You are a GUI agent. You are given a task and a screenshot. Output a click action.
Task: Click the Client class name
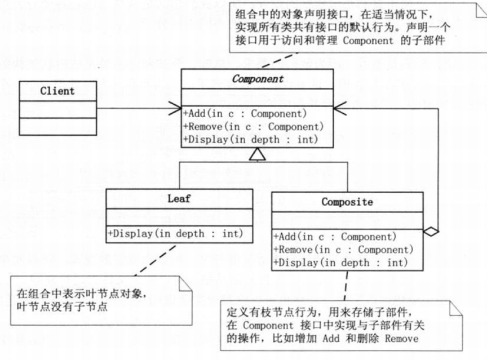tap(57, 91)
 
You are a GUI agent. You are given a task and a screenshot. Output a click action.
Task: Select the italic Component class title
tap(258, 79)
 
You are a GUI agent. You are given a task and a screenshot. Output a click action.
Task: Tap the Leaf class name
tap(179, 199)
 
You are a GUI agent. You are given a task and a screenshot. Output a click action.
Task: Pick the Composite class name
tap(347, 202)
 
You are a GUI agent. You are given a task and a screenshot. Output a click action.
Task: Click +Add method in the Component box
tap(245, 114)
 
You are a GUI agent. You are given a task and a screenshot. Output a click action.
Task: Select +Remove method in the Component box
tap(253, 127)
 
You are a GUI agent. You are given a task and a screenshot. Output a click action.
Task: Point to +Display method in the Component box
tap(251, 140)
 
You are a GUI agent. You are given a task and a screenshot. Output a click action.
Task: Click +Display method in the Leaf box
tap(175, 233)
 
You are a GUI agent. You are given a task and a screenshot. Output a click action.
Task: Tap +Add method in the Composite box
tap(335, 237)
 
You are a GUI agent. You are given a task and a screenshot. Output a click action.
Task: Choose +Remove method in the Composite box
tap(343, 250)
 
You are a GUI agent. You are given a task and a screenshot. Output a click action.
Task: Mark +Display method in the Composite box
tap(340, 263)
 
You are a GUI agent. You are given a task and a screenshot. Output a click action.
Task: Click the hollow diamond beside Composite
tap(431, 231)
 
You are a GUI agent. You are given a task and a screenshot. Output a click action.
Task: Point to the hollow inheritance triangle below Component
tap(258, 154)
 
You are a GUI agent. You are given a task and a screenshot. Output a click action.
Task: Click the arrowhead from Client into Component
tap(175, 108)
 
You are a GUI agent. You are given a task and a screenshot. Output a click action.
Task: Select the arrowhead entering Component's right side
tap(340, 108)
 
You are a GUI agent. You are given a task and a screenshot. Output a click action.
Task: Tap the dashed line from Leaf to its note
tap(156, 260)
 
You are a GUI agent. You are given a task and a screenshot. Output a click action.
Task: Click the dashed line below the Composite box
tap(346, 286)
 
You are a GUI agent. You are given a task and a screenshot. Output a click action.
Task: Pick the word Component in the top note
tap(368, 41)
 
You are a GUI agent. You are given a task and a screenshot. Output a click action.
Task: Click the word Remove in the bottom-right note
tap(401, 338)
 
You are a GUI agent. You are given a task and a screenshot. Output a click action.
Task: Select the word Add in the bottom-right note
tap(331, 338)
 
